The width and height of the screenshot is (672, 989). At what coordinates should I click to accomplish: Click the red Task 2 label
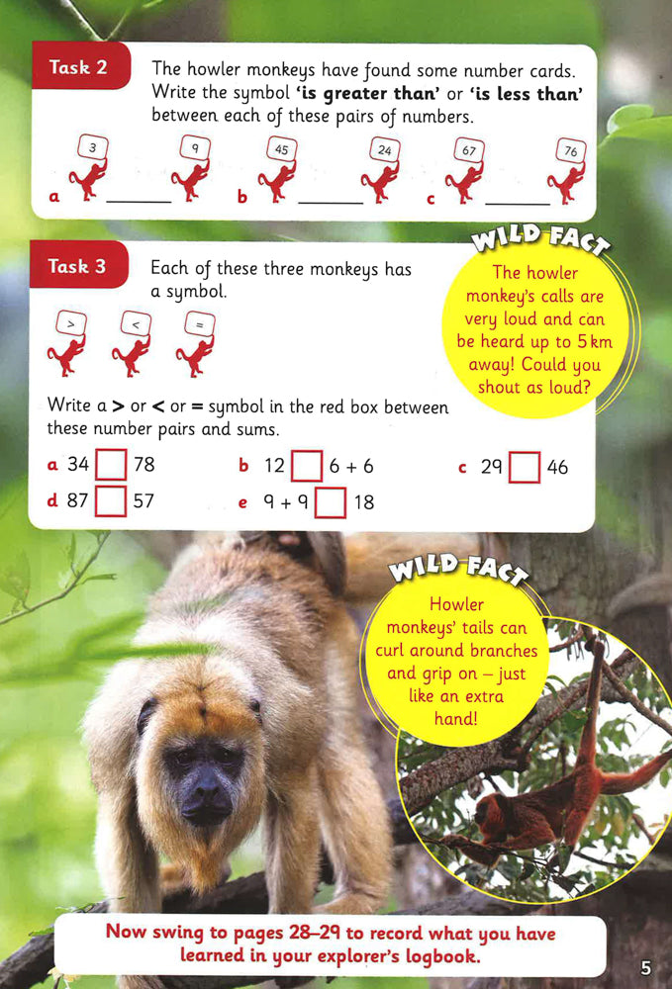point(80,66)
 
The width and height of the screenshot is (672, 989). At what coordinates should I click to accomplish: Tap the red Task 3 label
point(78,265)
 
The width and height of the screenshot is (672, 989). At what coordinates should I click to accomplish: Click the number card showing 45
point(281,149)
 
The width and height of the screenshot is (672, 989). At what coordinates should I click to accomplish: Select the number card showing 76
point(571,151)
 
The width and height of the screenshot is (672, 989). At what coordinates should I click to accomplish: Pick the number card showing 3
point(93,148)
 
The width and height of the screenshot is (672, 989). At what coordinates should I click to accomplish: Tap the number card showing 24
point(385,150)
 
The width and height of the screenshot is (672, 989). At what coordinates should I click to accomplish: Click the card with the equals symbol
point(199,325)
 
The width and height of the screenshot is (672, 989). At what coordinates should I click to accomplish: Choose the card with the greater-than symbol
point(70,324)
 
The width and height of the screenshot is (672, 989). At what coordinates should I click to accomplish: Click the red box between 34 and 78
point(111,464)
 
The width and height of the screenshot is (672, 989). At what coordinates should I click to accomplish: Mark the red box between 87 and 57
point(111,500)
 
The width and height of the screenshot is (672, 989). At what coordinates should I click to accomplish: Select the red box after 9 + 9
point(330,502)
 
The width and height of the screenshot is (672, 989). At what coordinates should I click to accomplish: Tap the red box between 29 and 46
point(525,468)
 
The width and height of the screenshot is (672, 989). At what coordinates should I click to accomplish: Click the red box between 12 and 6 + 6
point(307,466)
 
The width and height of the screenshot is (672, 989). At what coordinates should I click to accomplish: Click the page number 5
point(645,967)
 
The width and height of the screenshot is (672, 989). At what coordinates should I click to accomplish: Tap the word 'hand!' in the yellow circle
point(455,718)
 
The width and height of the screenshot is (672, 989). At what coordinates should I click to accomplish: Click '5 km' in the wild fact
point(595,342)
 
